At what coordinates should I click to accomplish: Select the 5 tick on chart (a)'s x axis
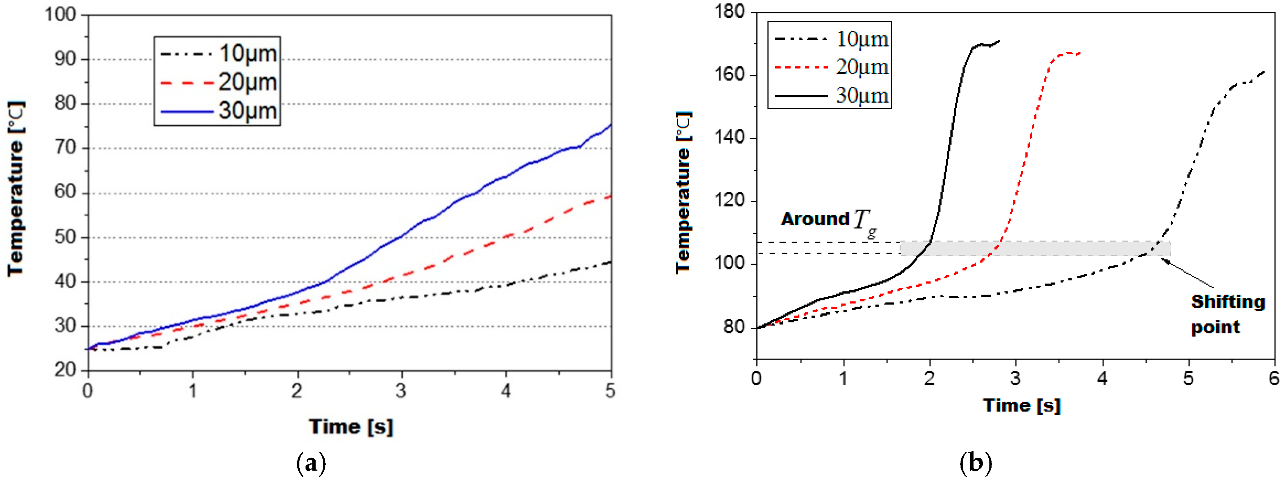click(610, 391)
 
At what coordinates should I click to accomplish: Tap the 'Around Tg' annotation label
click(828, 220)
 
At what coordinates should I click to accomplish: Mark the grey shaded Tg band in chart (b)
click(1035, 248)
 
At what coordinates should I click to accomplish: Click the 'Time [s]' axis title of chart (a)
click(351, 427)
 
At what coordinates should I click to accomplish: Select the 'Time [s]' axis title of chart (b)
click(1021, 405)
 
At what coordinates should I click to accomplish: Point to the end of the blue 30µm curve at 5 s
click(611, 125)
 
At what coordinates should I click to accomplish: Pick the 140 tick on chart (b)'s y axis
click(729, 138)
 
